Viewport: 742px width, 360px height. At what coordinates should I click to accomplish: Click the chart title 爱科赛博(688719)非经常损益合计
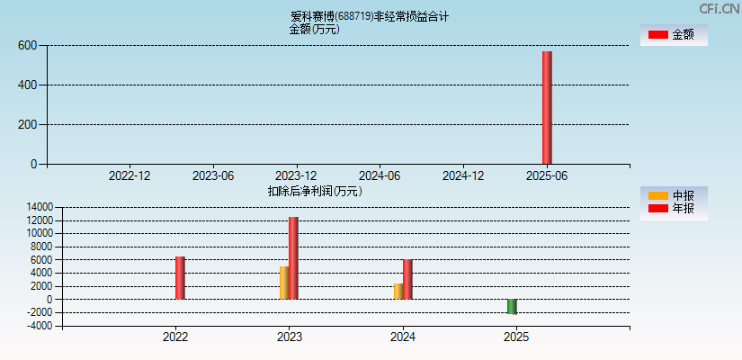[x=370, y=16]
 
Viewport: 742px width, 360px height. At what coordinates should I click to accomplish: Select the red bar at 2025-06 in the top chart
[x=547, y=108]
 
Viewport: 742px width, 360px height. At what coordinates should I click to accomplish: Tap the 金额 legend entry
[x=674, y=35]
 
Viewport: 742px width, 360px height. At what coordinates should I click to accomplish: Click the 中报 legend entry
[x=674, y=195]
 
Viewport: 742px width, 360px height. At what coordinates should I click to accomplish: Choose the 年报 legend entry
[x=674, y=209]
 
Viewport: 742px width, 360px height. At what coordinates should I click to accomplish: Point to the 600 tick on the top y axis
[x=27, y=45]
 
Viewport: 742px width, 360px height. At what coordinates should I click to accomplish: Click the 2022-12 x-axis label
[x=130, y=175]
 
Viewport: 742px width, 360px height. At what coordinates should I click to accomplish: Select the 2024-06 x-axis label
[x=380, y=175]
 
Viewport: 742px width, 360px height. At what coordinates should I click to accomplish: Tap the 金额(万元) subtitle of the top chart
[x=314, y=29]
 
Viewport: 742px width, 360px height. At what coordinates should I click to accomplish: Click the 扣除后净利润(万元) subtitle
[x=315, y=191]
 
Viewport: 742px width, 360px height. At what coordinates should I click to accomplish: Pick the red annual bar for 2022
[x=180, y=277]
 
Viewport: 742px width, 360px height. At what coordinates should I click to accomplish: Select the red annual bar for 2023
[x=293, y=258]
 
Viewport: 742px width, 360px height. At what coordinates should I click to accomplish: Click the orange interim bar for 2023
[x=284, y=283]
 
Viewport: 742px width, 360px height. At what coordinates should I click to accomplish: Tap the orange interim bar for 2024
[x=398, y=292]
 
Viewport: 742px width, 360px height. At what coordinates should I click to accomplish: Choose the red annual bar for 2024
[x=407, y=279]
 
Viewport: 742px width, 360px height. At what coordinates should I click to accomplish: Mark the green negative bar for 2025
[x=512, y=306]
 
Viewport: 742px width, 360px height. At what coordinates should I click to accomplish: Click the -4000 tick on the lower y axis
[x=40, y=326]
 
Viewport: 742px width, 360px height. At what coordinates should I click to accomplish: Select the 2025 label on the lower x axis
[x=516, y=337]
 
